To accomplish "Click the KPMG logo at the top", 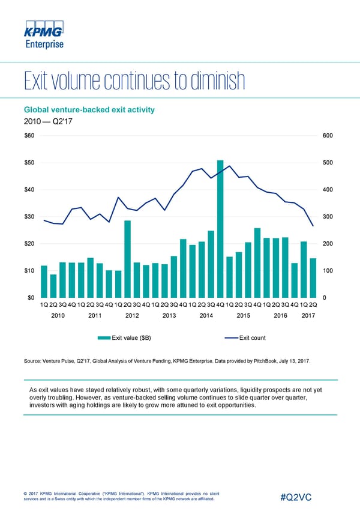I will pyautogui.click(x=43, y=31).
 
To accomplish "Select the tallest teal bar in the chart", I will pyautogui.click(x=220, y=229).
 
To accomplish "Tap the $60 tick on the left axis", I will pyautogui.click(x=29, y=135).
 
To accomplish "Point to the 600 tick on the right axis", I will pyautogui.click(x=328, y=135).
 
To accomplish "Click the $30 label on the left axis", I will pyautogui.click(x=29, y=216).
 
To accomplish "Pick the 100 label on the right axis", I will pyautogui.click(x=328, y=271).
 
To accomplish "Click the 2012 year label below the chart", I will pyautogui.click(x=133, y=315).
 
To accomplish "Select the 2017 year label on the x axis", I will pyautogui.click(x=308, y=315).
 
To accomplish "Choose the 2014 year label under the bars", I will pyautogui.click(x=206, y=315).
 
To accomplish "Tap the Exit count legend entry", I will pyautogui.click(x=252, y=338).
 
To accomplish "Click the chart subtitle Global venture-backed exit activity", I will pyautogui.click(x=89, y=109).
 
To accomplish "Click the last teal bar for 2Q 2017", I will pyautogui.click(x=313, y=278).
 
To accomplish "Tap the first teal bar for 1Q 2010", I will pyautogui.click(x=44, y=282).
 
